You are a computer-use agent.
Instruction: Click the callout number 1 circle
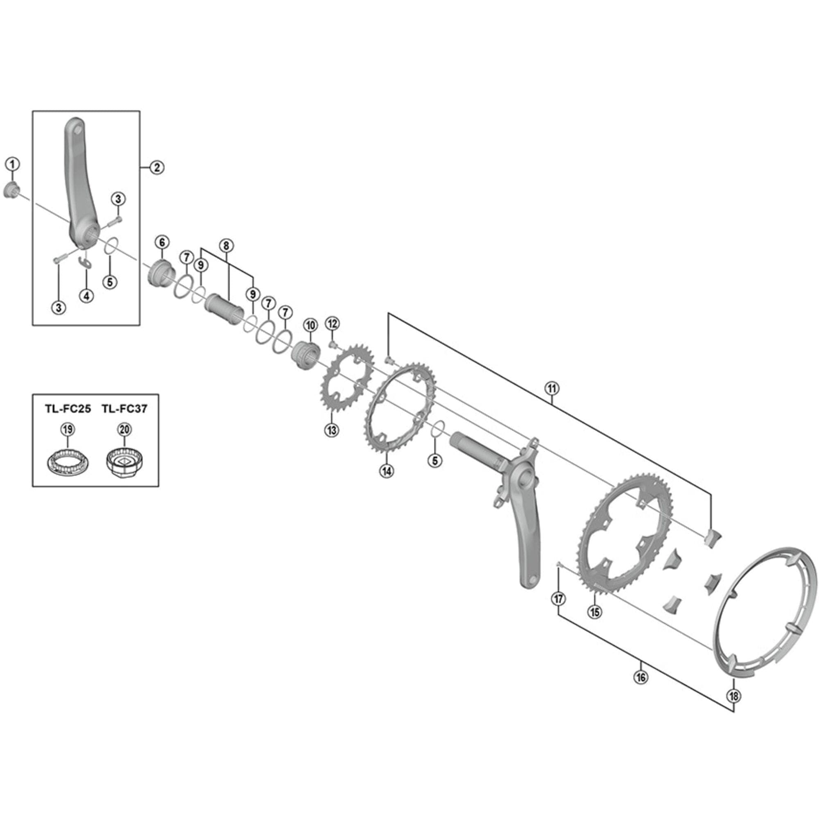(12, 164)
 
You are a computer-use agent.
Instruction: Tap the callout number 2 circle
(157, 167)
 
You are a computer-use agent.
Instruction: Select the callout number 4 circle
(86, 296)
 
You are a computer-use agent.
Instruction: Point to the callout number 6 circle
(162, 242)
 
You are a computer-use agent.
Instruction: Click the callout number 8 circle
(226, 245)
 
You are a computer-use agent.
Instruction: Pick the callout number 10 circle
(311, 326)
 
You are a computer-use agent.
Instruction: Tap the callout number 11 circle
(552, 388)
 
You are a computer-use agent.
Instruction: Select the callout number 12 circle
(333, 324)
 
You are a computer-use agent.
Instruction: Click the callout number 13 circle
(332, 430)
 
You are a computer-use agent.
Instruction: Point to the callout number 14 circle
(387, 471)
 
